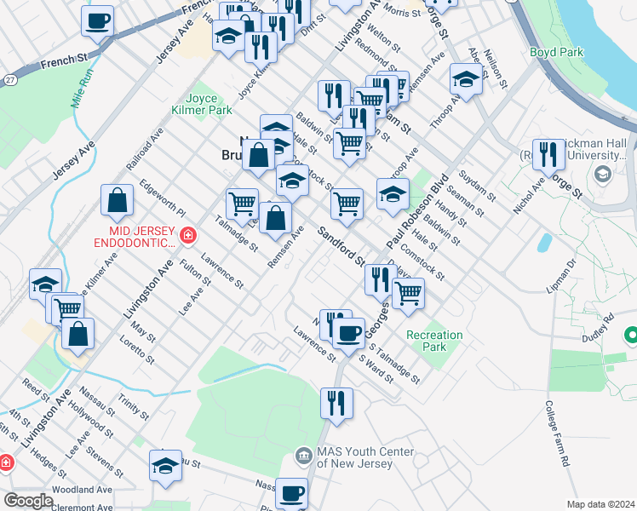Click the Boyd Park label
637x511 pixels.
(x=556, y=52)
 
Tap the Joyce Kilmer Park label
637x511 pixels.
(x=209, y=104)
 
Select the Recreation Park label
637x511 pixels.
(x=434, y=341)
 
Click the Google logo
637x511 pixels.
(x=28, y=501)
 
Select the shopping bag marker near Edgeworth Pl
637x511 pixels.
(x=118, y=201)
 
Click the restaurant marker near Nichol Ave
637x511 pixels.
(x=548, y=155)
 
